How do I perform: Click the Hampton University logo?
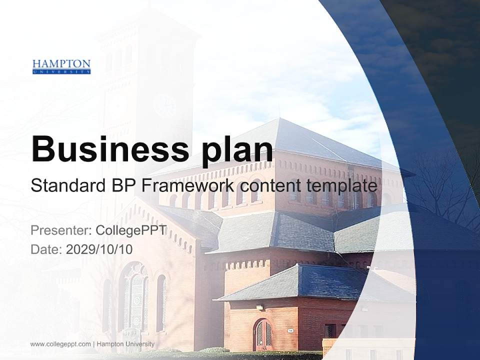[x=61, y=66]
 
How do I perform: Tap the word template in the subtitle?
[x=341, y=186]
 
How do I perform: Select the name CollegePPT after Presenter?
[x=131, y=230]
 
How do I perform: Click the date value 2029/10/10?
[x=99, y=249]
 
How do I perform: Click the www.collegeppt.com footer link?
[x=60, y=344]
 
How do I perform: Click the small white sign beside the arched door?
[x=290, y=330]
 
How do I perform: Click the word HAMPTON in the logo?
[x=61, y=64]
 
